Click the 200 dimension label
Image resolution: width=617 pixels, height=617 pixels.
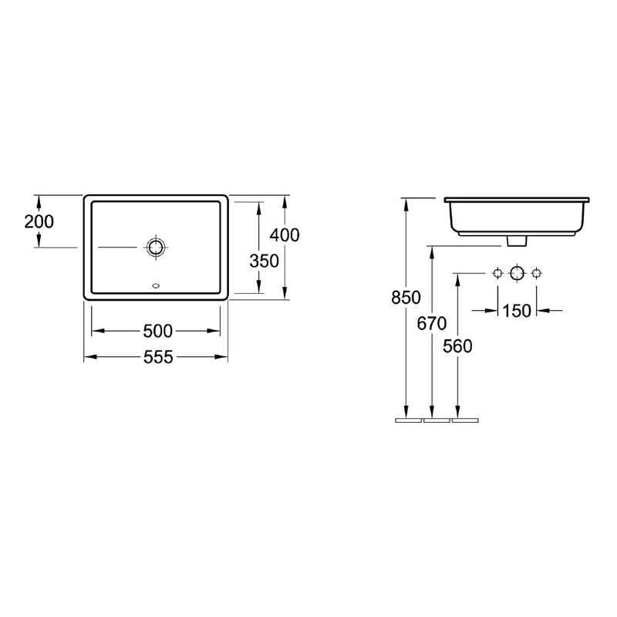(39, 222)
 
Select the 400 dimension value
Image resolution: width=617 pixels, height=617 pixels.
(285, 235)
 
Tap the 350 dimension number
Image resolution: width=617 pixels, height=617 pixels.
(264, 261)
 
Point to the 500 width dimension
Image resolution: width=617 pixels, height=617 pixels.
(157, 331)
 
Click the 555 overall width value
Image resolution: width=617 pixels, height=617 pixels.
(157, 356)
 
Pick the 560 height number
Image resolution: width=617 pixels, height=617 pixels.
(458, 346)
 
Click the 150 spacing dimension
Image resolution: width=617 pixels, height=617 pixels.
(516, 310)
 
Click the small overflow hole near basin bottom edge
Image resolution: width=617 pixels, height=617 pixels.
(157, 288)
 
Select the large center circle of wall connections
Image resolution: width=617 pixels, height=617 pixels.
(517, 273)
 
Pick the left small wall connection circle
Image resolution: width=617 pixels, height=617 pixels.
(497, 273)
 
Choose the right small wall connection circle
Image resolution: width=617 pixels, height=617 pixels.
(537, 273)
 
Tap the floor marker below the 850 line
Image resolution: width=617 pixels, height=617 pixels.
(407, 421)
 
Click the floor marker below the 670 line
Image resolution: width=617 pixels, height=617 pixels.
(436, 421)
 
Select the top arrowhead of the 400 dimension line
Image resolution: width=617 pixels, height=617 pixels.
(285, 200)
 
